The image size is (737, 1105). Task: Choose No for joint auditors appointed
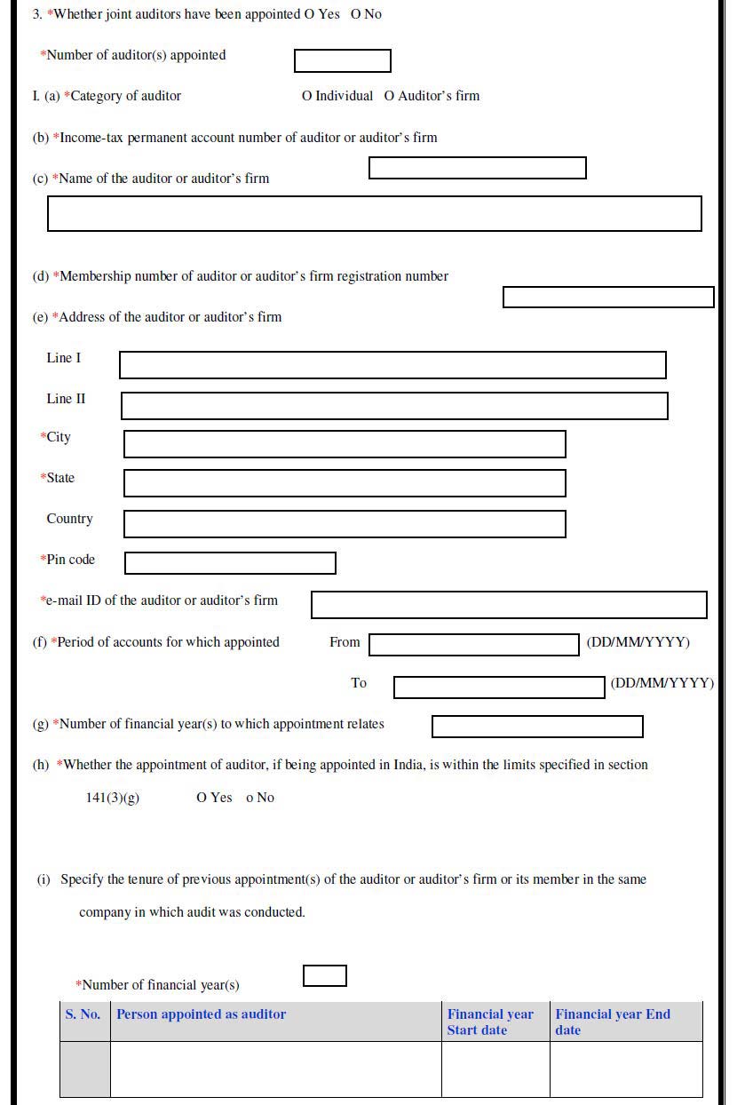click(x=356, y=14)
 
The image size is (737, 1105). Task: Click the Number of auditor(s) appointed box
click(x=342, y=61)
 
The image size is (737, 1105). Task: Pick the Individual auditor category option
click(x=307, y=96)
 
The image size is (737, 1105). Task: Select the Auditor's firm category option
click(x=389, y=96)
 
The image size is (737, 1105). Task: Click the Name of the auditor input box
click(x=374, y=214)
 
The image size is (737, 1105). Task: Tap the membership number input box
click(x=608, y=298)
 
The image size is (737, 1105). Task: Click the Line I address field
click(x=392, y=365)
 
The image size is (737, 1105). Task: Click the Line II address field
click(x=394, y=406)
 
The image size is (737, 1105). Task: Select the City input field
click(x=345, y=444)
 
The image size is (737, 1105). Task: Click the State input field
click(x=345, y=483)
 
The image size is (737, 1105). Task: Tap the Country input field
click(x=345, y=524)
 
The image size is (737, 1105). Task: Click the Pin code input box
click(x=230, y=563)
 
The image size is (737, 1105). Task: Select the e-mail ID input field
click(x=509, y=605)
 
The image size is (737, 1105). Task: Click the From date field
click(x=473, y=645)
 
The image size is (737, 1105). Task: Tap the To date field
click(x=499, y=687)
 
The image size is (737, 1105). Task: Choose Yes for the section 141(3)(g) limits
click(x=202, y=798)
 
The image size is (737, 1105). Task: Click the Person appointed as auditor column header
click(x=202, y=1014)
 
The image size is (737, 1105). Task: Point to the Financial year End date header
click(x=613, y=1022)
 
